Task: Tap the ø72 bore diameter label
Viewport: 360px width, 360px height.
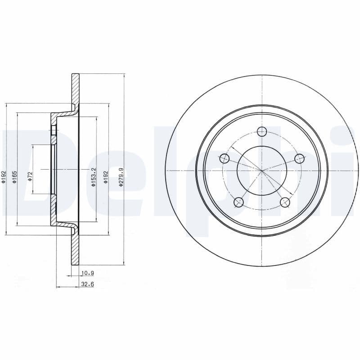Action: [30, 175]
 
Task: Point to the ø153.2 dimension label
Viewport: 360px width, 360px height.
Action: [94, 177]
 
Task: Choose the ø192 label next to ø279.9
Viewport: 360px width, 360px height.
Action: [106, 175]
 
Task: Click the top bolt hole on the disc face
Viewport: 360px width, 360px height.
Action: [262, 131]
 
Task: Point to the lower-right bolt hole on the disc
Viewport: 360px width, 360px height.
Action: [285, 202]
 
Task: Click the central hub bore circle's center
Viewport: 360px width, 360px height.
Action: [261, 170]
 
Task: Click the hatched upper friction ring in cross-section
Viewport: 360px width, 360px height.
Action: [75, 88]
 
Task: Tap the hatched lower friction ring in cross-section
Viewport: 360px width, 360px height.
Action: [75, 252]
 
